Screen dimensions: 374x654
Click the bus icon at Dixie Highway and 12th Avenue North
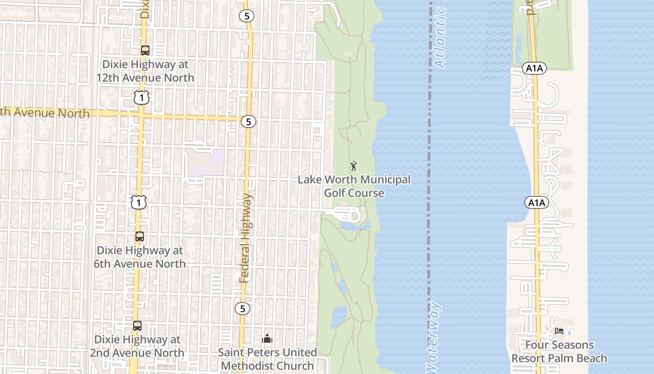145,50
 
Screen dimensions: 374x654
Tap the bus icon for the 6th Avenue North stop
140,237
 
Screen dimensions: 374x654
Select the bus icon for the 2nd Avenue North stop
137,326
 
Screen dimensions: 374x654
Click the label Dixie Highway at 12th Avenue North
145,71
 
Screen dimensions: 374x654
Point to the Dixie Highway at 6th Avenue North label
140,257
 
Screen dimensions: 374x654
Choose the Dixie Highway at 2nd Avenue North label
137,346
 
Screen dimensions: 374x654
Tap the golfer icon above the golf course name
354,166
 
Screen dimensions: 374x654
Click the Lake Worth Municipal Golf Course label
354,186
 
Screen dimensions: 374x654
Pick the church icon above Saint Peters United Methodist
267,338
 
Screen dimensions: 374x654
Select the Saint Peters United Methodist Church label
267,359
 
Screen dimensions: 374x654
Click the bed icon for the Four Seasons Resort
559,331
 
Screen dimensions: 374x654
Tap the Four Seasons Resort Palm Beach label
559,352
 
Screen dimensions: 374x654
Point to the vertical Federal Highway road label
246,238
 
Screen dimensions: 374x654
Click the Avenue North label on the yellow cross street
47,113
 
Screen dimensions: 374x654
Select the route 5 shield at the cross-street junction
248,122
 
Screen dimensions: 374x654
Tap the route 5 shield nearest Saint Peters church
242,309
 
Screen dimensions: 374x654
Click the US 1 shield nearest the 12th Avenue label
141,98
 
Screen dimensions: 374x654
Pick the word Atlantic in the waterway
441,37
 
